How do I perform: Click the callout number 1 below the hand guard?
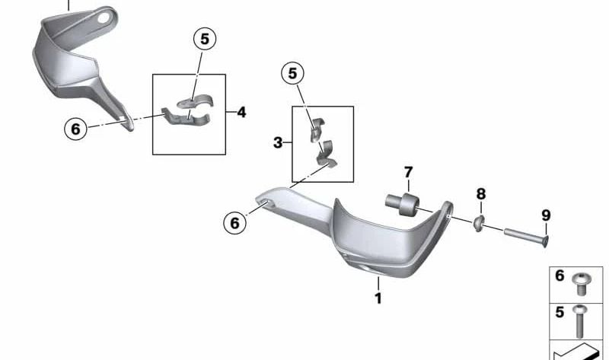[378, 298]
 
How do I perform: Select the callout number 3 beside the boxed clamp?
[278, 143]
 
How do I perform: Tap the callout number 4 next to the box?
[241, 112]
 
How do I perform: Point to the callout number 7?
[408, 172]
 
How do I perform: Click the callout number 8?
[481, 194]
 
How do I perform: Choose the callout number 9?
[546, 215]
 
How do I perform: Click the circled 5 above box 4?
[205, 39]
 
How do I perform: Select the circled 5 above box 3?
[292, 73]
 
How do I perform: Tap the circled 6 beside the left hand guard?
[75, 129]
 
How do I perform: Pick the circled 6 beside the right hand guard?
[234, 223]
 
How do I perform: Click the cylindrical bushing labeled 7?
[403, 203]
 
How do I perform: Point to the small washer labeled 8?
[479, 223]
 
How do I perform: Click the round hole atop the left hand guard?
[104, 18]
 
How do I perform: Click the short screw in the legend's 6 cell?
[582, 283]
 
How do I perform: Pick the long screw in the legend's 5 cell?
[579, 321]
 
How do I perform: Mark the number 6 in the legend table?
[560, 276]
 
